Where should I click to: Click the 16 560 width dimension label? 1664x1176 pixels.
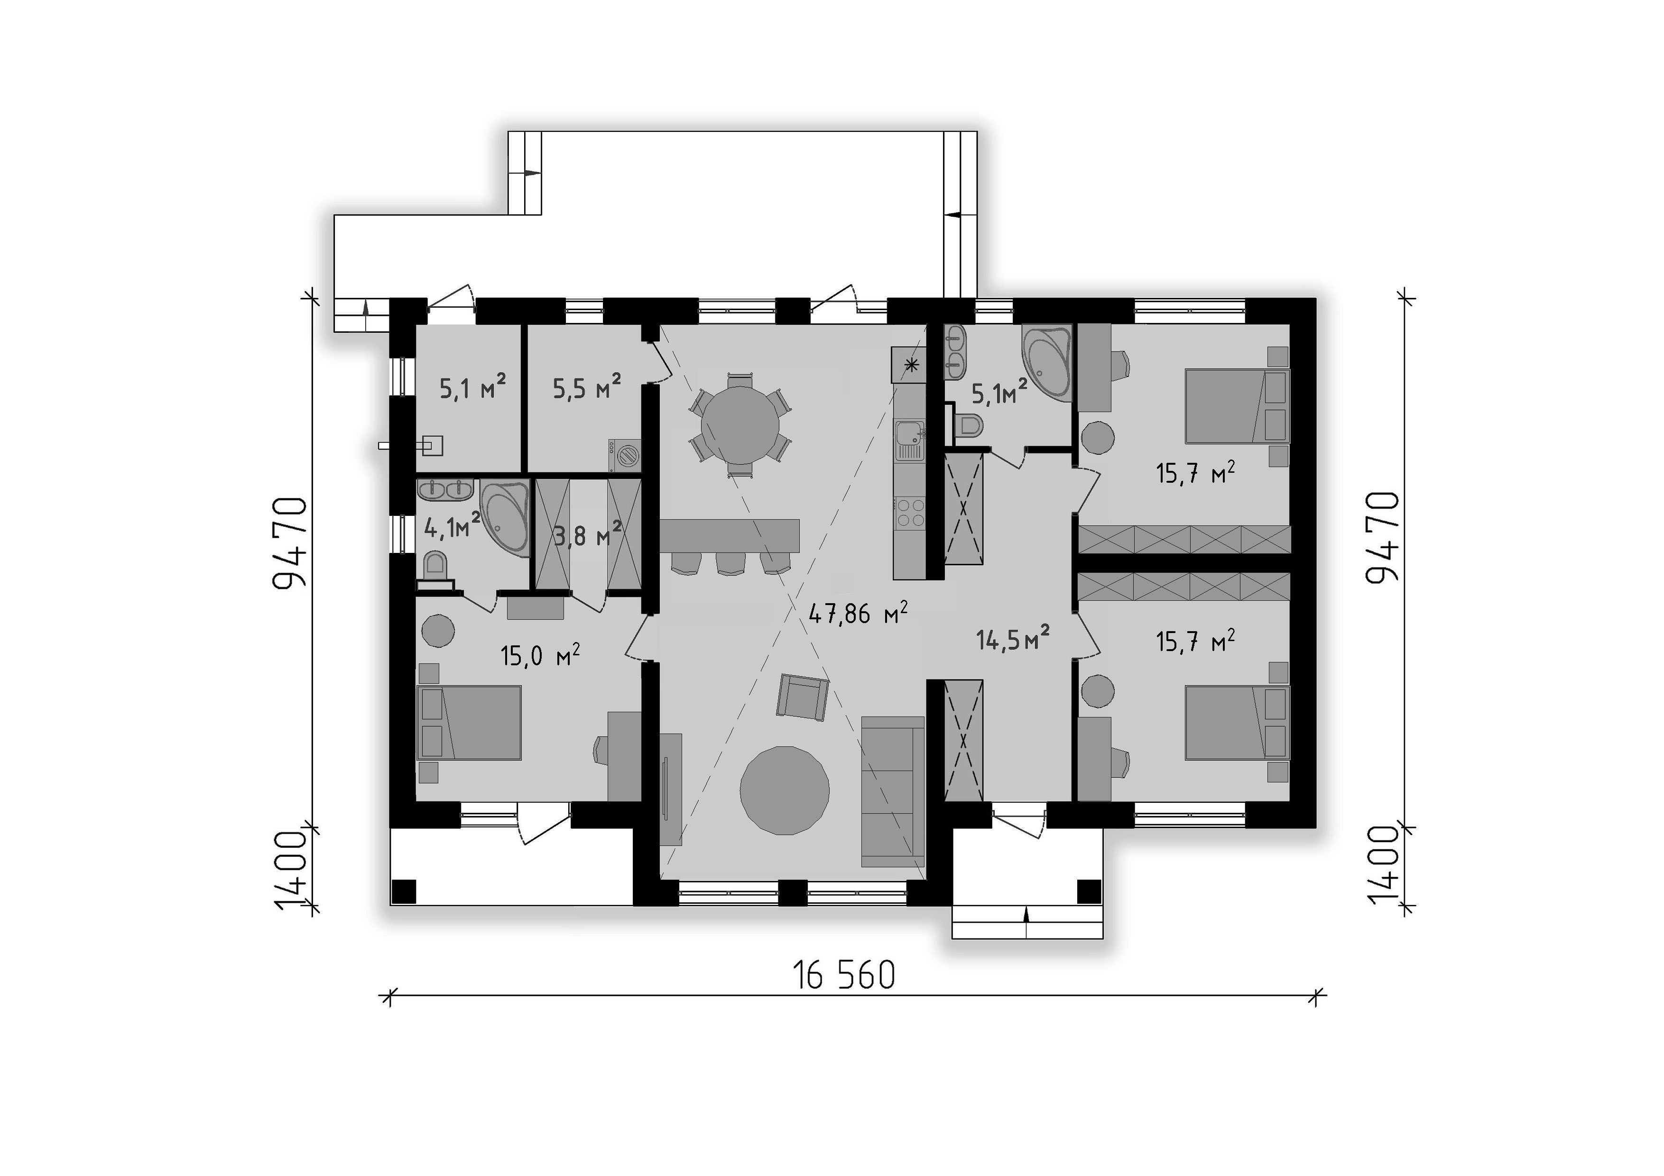844,975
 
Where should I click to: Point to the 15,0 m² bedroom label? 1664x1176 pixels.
540,656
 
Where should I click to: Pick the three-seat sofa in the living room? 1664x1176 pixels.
893,791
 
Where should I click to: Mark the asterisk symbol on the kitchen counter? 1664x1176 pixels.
912,365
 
